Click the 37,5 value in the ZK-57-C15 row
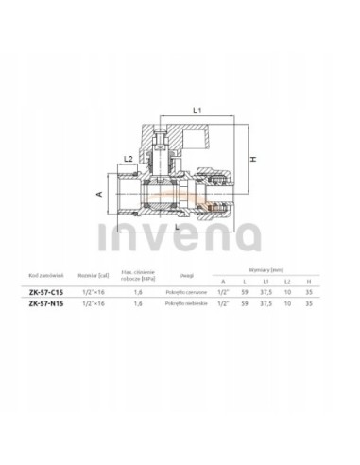(x=268, y=293)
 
